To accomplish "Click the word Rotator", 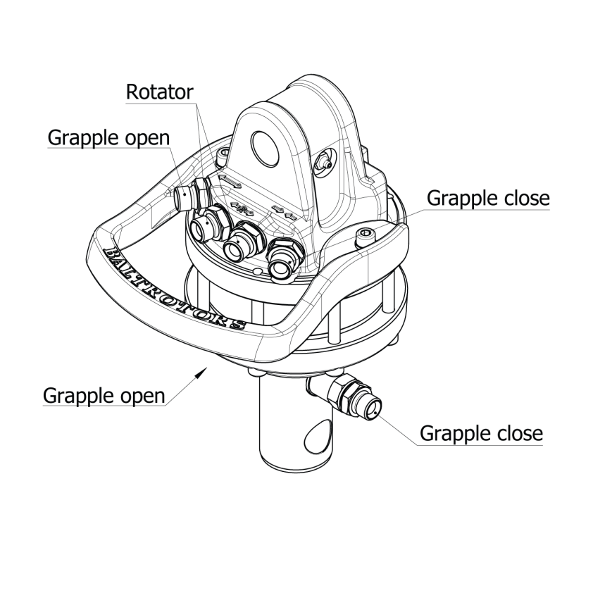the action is [x=159, y=92].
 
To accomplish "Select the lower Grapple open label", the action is [x=104, y=396].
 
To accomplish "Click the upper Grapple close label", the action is [x=488, y=199].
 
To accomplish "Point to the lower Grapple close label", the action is [x=481, y=433].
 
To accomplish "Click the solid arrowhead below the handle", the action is [x=201, y=372].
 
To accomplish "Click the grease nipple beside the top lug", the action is [x=324, y=163].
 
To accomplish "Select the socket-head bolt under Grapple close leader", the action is [x=366, y=238].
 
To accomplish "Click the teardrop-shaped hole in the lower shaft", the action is [x=317, y=436].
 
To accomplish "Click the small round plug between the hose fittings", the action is [x=257, y=270].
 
